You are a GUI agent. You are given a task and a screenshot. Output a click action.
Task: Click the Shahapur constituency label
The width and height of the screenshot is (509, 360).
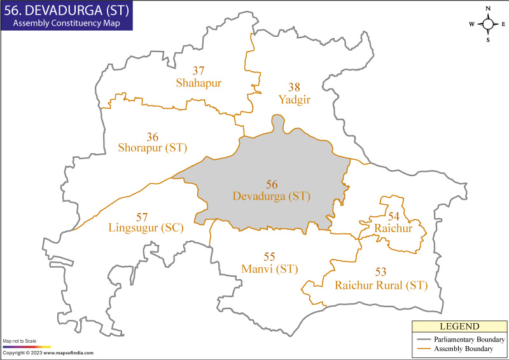click(x=199, y=83)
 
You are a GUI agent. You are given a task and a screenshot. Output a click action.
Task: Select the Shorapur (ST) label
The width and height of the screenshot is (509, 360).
click(x=152, y=148)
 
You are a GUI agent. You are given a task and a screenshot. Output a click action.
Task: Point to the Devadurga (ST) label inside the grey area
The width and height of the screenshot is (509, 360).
click(x=272, y=197)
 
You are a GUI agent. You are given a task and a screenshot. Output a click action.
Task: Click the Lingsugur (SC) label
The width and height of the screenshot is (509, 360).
click(x=146, y=228)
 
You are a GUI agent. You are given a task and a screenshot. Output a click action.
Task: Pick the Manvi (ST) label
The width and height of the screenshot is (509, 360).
click(x=270, y=269)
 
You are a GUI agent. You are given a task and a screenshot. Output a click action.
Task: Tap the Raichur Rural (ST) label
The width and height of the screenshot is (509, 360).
click(x=380, y=286)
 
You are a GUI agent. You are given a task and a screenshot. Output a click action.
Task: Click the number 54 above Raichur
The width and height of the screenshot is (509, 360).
click(x=394, y=216)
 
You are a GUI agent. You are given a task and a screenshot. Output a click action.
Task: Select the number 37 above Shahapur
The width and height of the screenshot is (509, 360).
click(x=199, y=71)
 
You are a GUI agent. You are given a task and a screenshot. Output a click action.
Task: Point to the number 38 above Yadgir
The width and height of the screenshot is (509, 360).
click(x=293, y=88)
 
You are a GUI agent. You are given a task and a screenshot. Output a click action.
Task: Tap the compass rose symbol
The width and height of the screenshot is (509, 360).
click(x=488, y=24)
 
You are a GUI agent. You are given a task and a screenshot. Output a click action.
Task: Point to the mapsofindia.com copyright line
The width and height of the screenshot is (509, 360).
click(x=48, y=353)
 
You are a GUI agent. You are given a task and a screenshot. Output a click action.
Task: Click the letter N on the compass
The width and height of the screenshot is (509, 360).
click(x=488, y=8)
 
